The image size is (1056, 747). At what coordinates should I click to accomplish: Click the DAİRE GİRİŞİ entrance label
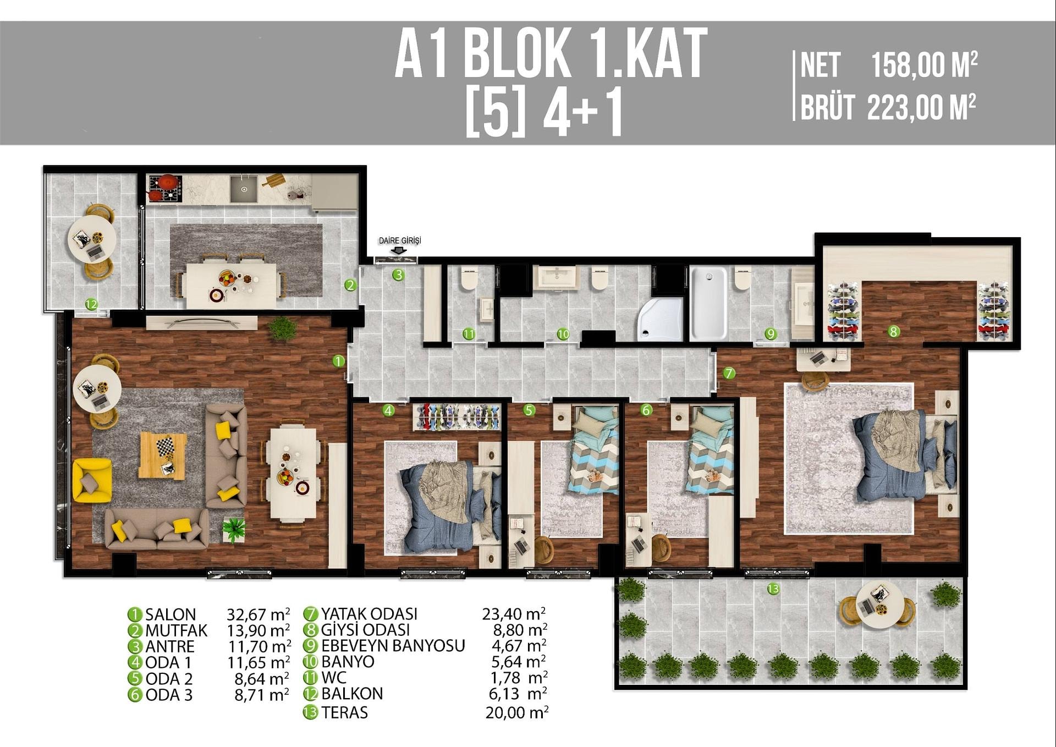(x=400, y=240)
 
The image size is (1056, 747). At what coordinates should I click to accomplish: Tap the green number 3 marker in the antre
(x=398, y=274)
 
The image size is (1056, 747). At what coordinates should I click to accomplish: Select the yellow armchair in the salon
(x=92, y=480)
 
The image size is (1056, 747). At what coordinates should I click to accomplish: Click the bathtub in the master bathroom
(x=708, y=303)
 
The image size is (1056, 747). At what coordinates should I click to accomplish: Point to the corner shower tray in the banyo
(x=661, y=320)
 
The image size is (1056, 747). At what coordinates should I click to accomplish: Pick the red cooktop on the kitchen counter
(x=164, y=188)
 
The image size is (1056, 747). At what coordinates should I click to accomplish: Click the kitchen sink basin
(x=243, y=189)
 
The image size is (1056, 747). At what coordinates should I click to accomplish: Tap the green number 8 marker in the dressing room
(x=894, y=331)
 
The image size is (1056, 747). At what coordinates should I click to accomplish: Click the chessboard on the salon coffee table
(x=164, y=446)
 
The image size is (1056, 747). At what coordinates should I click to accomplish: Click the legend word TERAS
(x=344, y=712)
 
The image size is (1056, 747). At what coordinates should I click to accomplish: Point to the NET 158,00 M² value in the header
(x=924, y=65)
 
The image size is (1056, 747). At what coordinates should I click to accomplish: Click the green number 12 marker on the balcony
(x=91, y=304)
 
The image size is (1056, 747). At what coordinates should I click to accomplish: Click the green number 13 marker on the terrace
(x=773, y=589)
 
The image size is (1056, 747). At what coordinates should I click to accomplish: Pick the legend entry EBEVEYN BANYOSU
(x=393, y=645)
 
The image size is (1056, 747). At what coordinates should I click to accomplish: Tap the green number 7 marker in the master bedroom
(x=729, y=373)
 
